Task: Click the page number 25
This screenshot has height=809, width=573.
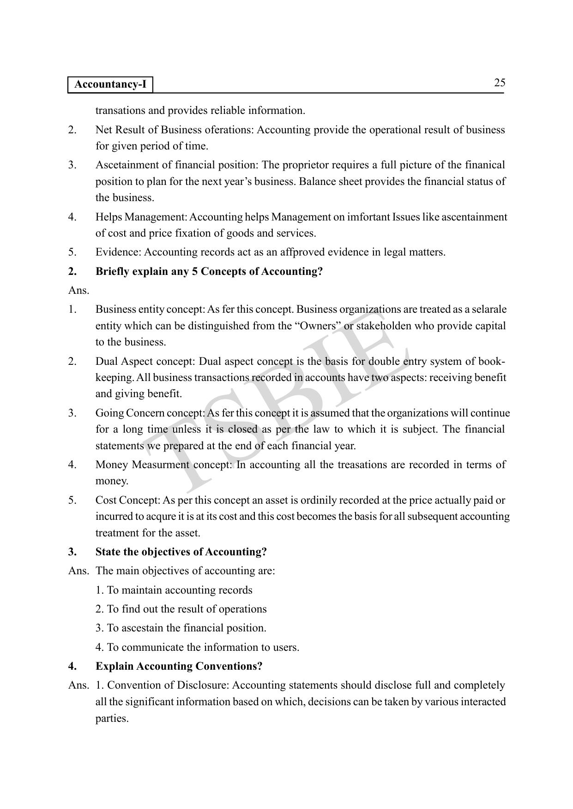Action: (500, 83)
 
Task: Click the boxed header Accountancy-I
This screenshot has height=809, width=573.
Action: (110, 84)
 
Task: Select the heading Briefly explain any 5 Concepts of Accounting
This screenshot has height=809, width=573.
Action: (209, 271)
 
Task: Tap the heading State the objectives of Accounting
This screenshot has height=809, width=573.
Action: (181, 552)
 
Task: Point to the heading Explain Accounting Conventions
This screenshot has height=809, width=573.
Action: (179, 666)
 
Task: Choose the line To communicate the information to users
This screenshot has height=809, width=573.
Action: (197, 647)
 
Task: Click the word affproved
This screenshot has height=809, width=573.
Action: (303, 252)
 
